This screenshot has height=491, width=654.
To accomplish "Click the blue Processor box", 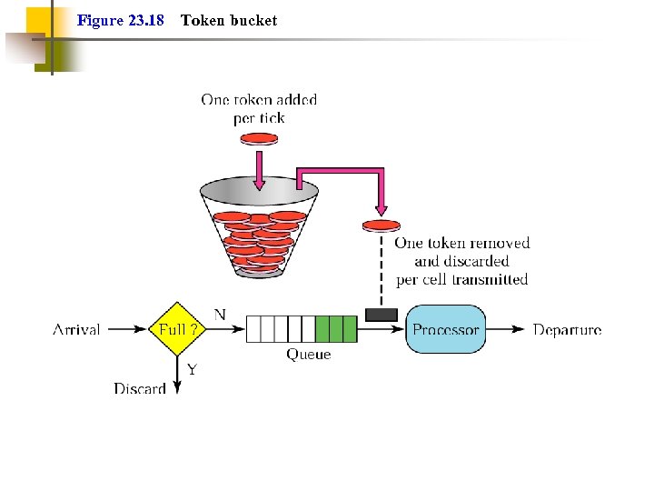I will pos(445,329).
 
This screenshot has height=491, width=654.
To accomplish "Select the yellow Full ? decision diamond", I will pos(177,329).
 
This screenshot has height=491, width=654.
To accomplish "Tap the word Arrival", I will pos(76,330).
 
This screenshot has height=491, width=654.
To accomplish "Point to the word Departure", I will pos(567,330).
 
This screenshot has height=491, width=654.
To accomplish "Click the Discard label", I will pos(140,388).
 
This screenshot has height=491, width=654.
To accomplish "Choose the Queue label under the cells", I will pos(309,355).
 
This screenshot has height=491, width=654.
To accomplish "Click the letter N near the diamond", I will pos(220,315).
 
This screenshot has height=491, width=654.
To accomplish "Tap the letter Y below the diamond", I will pos(192,369).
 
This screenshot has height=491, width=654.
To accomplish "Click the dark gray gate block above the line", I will pos(381,315).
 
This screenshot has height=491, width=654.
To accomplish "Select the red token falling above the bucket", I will pos(259,139).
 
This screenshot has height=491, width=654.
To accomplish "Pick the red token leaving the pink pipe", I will pos(381,225).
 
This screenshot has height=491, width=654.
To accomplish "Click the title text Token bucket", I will pos(229,20).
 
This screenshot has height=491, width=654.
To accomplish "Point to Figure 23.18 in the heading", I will pos(121,20).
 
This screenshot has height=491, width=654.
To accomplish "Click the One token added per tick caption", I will pos(259,109).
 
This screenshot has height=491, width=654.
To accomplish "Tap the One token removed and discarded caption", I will pos(461,261).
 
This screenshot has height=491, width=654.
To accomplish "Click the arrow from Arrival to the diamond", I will pos(125,329).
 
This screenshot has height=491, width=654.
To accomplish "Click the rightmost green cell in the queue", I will pos(350,328).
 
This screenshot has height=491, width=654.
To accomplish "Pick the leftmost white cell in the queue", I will pos(253,328).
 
